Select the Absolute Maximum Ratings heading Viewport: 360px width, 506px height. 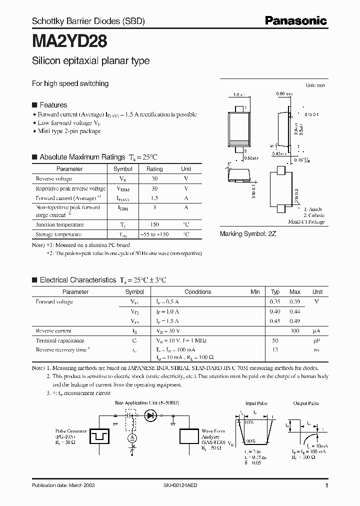(82, 157)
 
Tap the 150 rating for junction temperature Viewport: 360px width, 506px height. (154, 225)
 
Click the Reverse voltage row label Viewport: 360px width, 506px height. (54, 178)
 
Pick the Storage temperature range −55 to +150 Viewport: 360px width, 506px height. (154, 234)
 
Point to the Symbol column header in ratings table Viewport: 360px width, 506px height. (123, 169)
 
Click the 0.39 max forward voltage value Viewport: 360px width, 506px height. (295, 302)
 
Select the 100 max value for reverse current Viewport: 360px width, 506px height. (295, 331)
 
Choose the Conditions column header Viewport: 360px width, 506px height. (198, 292)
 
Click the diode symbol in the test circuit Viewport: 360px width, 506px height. (150, 415)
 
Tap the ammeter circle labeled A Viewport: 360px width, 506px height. (132, 437)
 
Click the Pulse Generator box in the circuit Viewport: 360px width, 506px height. (100, 435)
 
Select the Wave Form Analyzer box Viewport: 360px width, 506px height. (189, 435)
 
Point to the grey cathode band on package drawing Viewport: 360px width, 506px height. (239, 142)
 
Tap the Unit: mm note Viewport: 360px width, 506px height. (315, 85)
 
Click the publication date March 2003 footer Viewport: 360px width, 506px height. (63, 485)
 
